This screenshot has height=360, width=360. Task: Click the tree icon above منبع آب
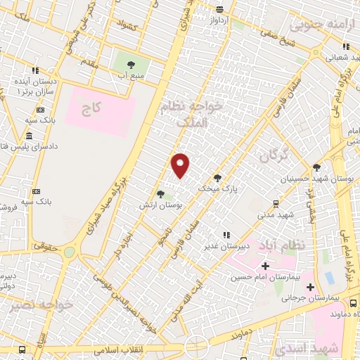pyautogui.click(x=131, y=65)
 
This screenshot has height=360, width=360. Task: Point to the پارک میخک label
pyautogui.click(x=218, y=188)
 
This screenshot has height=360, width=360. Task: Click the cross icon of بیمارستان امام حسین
pyautogui.click(x=264, y=266)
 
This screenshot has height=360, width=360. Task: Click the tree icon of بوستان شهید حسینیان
pyautogui.click(x=317, y=167)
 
